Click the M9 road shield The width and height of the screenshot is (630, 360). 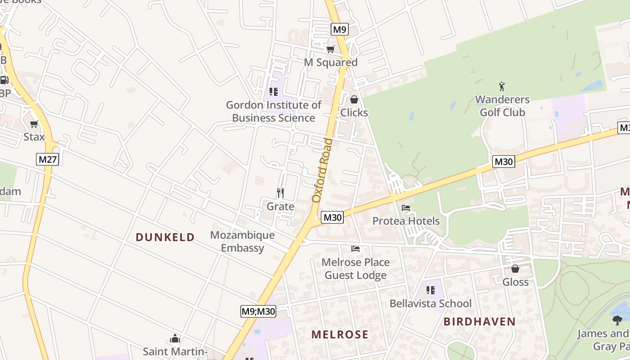point(340,30)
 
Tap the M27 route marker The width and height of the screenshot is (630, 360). point(48,159)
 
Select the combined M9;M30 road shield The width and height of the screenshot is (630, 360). point(258,311)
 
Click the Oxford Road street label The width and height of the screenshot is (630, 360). point(322,171)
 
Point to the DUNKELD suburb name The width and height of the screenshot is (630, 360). point(165,237)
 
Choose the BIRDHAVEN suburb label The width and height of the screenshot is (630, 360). point(479,321)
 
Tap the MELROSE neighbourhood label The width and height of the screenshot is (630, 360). point(340,334)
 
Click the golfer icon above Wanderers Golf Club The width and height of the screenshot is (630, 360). point(502,86)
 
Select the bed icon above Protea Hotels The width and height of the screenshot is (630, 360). point(406,208)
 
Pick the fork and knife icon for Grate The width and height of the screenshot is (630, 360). point(280,193)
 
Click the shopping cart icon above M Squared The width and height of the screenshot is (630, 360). point(331,49)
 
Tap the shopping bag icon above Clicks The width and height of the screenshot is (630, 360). point(354,99)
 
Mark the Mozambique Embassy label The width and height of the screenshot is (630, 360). point(243,242)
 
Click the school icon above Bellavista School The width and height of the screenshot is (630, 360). point(431,290)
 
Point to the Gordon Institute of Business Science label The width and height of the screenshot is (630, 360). point(273,112)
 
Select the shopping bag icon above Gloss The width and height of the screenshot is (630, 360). point(515,269)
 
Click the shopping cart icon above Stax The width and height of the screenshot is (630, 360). point(34,124)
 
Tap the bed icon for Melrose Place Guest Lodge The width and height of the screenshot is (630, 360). point(355,249)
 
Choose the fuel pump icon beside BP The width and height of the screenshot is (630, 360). point(4,81)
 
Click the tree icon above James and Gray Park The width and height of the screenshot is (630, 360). point(617,320)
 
